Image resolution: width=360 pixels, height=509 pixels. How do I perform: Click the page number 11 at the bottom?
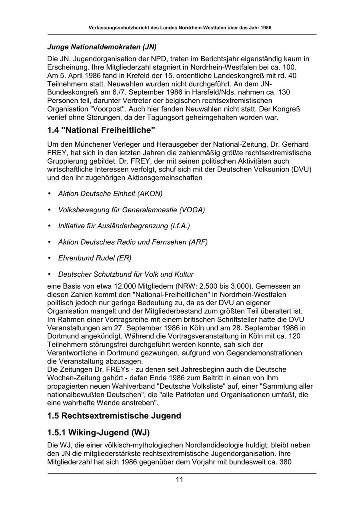[179, 480]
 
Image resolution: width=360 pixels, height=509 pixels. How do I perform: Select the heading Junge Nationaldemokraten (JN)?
[102, 47]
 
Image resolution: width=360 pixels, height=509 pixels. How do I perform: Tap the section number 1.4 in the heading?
[54, 130]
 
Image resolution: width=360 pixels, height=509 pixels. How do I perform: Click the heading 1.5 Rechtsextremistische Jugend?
[114, 416]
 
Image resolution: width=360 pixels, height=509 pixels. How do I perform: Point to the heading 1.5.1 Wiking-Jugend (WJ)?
[98, 433]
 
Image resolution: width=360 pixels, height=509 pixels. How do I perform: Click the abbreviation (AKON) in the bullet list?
[150, 194]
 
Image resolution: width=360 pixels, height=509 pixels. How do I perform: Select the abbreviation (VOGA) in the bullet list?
[192, 210]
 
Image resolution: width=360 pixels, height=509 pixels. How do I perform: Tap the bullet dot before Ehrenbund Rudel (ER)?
[50, 258]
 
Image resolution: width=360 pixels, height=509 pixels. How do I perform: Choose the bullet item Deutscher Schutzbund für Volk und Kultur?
[126, 274]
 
